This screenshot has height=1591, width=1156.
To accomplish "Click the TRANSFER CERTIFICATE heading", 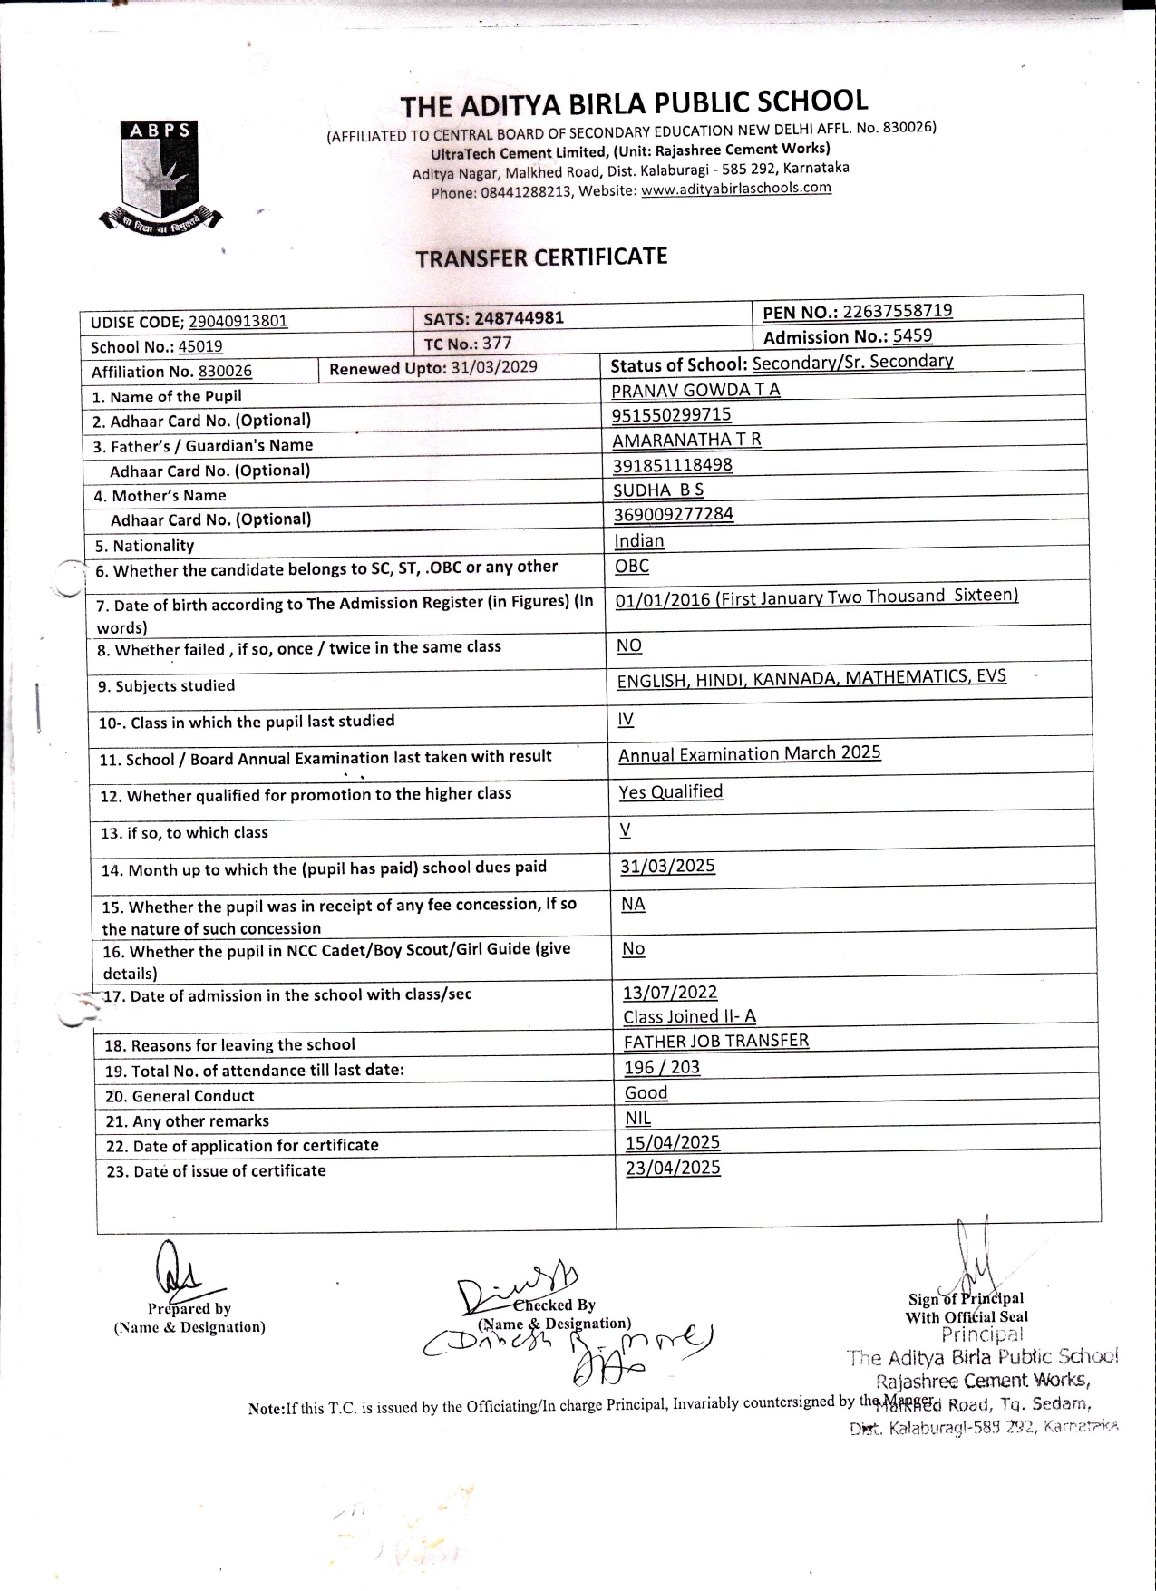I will [541, 257].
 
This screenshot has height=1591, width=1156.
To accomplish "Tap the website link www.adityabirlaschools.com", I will [735, 189].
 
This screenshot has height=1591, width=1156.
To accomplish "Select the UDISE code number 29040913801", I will [238, 321].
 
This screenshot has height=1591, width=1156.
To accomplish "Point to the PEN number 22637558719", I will [897, 311].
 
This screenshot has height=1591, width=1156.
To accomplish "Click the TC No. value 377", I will [497, 343].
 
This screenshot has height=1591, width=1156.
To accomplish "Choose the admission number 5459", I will [912, 336].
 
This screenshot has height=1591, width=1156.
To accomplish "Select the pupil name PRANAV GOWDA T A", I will [695, 390].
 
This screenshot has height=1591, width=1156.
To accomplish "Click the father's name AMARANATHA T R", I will [686, 440].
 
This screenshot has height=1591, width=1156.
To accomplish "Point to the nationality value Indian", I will [639, 541].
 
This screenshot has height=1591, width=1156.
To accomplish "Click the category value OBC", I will [632, 566].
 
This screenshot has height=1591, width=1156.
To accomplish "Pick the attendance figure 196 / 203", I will [662, 1067].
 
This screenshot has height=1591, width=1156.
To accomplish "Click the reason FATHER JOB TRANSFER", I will [716, 1041].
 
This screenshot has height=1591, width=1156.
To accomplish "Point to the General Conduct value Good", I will [646, 1092].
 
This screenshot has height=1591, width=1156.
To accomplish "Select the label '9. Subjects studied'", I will [167, 686].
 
